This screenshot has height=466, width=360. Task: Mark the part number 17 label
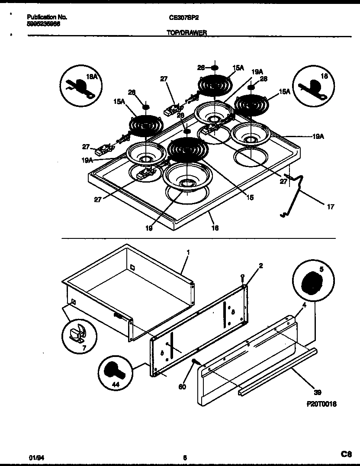click(x=330, y=207)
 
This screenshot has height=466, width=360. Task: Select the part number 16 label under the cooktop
click(x=215, y=228)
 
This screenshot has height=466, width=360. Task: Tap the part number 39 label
click(x=317, y=392)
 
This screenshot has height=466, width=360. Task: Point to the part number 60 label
click(x=182, y=386)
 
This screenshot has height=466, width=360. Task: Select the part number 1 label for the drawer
click(x=188, y=252)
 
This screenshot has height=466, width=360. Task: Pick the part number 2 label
click(x=261, y=265)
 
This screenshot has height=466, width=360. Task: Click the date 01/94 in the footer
click(x=33, y=456)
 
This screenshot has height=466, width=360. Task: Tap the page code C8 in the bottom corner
click(x=346, y=454)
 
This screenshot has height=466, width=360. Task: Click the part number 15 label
click(x=250, y=198)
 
